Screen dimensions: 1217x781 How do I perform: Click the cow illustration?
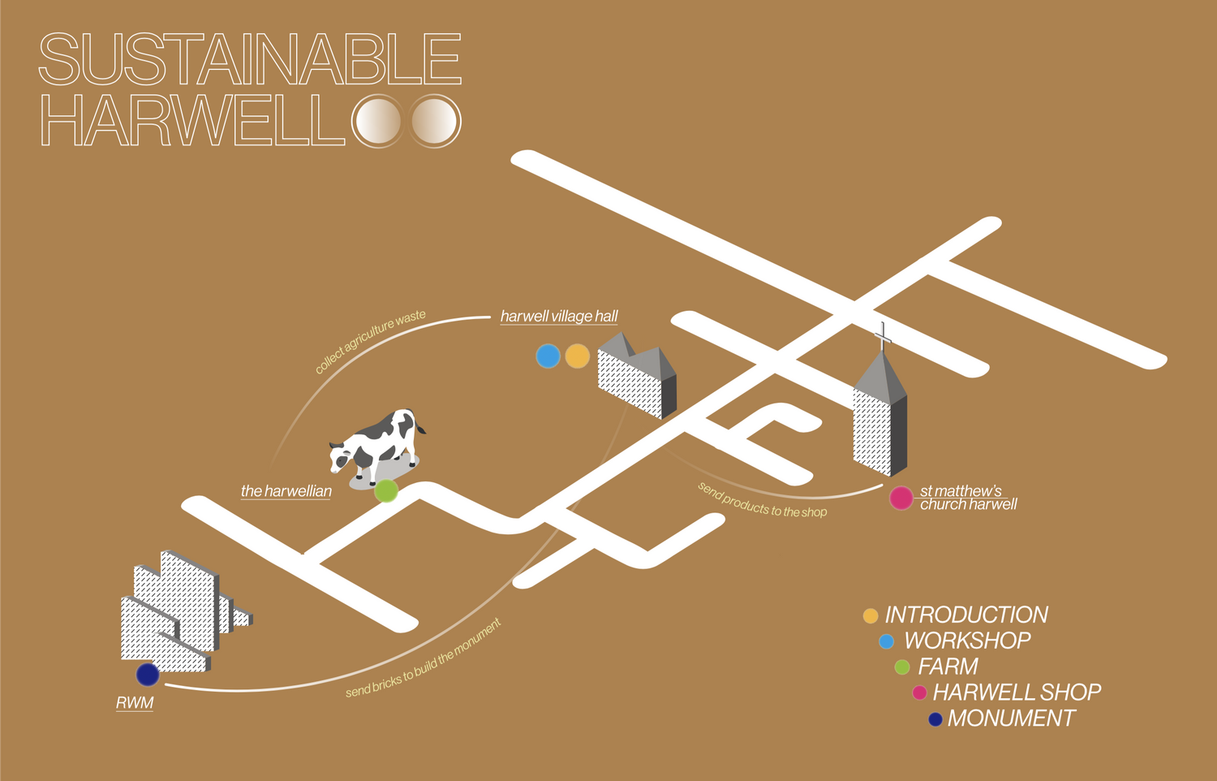(x=378, y=442)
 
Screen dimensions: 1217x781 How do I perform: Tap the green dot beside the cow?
(x=386, y=490)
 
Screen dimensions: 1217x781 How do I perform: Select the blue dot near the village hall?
(x=548, y=356)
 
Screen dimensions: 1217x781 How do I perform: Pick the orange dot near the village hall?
(x=577, y=356)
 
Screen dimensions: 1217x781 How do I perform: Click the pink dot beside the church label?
(x=901, y=498)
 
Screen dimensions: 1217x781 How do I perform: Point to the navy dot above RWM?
(x=148, y=674)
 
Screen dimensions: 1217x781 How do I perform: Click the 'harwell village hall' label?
(x=559, y=316)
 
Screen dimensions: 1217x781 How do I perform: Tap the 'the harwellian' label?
(x=286, y=490)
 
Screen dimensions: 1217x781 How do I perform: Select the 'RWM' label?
(x=135, y=702)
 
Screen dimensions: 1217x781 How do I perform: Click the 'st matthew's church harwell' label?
(x=967, y=497)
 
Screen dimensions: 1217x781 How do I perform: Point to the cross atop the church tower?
(x=883, y=334)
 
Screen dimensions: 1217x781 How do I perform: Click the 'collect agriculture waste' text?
(x=370, y=341)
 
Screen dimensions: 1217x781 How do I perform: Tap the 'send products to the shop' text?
(x=762, y=499)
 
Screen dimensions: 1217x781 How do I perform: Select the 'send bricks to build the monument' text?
(x=424, y=658)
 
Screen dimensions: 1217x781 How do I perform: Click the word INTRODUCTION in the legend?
(x=966, y=615)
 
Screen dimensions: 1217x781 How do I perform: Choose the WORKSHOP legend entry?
(x=967, y=641)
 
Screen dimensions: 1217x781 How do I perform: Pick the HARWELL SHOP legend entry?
(x=1017, y=692)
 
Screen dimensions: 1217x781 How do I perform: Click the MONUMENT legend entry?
(x=1011, y=718)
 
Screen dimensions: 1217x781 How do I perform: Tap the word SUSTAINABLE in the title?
(x=250, y=58)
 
